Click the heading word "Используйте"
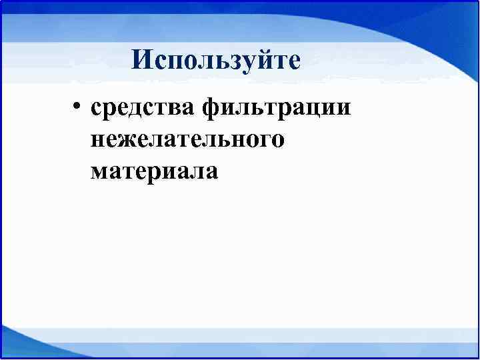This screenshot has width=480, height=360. [216, 61]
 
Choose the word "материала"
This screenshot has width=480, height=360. [154, 171]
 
